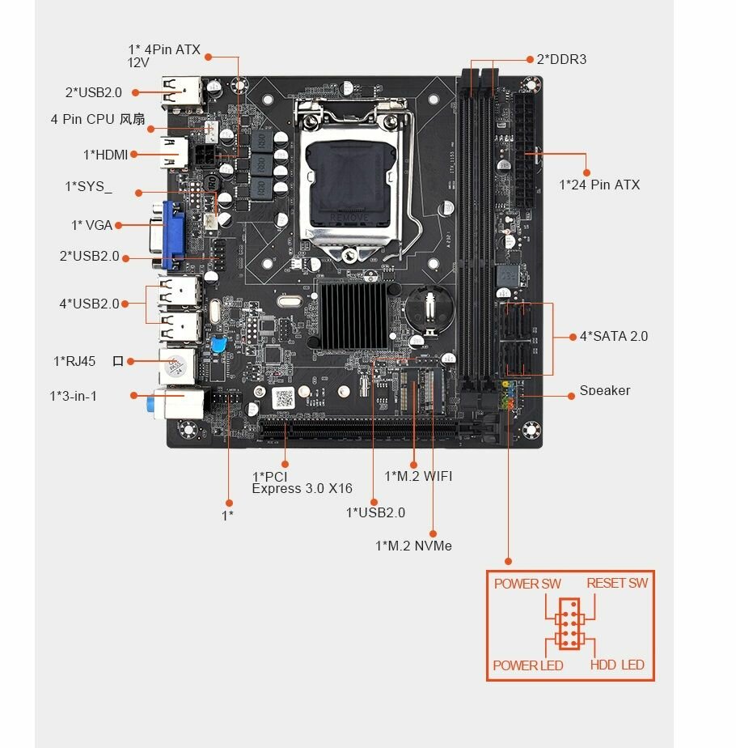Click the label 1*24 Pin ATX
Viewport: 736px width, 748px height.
pos(599,185)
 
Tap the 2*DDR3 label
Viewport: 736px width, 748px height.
pos(561,59)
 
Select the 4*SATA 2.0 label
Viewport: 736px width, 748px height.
pos(614,336)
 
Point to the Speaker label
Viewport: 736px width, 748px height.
pos(604,391)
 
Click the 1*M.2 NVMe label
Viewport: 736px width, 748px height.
pos(413,546)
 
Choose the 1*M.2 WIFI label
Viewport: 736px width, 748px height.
pos(418,476)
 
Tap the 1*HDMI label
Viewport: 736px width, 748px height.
pos(106,155)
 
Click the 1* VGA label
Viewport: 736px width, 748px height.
pos(91,225)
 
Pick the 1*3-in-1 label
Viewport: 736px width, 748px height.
pos(73,396)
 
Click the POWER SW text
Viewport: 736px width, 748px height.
pos(527,584)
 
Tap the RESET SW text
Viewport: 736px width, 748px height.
pos(617,583)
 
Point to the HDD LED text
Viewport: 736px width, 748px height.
pos(617,665)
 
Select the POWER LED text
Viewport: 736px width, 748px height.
pos(528,665)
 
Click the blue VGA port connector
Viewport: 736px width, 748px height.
pos(172,235)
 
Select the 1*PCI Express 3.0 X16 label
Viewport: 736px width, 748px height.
pos(302,482)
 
